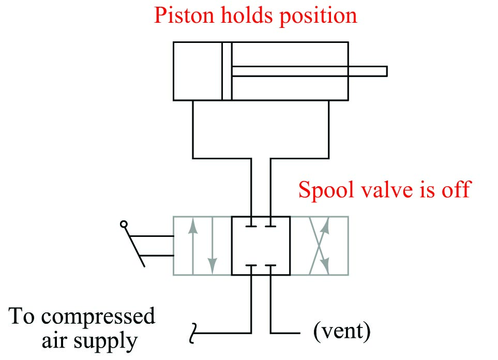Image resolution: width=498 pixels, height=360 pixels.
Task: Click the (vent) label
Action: point(341,332)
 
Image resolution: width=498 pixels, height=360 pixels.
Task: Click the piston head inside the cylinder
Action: point(227,71)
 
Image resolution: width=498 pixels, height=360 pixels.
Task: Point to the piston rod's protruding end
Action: point(383,71)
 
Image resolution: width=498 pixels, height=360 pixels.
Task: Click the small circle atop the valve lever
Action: point(123,224)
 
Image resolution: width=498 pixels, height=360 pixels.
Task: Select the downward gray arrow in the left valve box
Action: point(212,246)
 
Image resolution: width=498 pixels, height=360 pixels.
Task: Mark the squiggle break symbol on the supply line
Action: point(194,332)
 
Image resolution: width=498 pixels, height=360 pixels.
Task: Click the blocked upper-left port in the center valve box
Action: point(251,226)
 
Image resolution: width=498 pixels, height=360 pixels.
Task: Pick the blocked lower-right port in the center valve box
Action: point(270,266)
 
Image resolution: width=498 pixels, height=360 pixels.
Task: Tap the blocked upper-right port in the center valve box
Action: point(270,226)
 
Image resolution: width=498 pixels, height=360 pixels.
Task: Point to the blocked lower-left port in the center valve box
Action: point(251,266)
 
